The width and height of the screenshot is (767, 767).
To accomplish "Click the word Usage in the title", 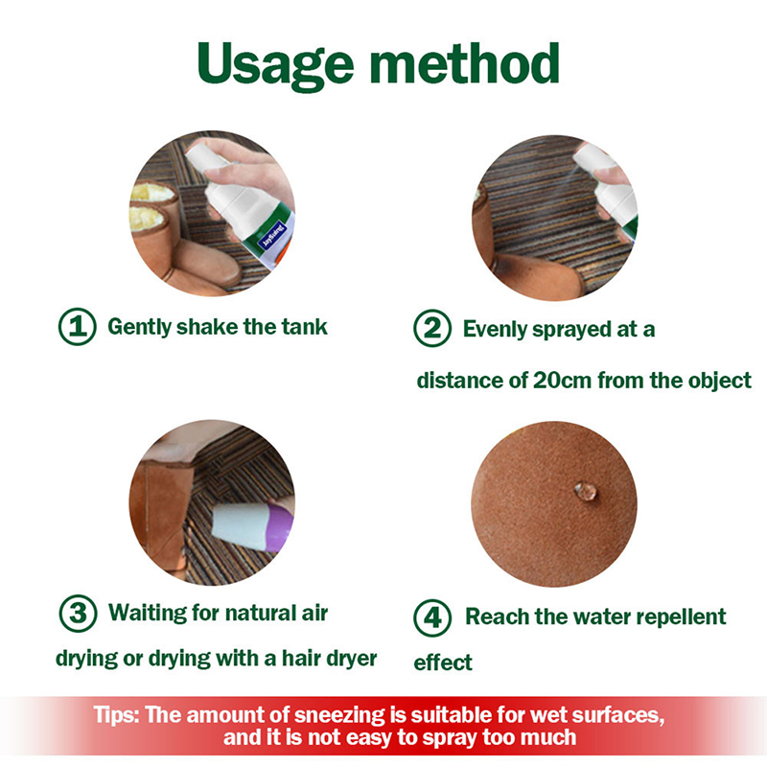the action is pos(275,65).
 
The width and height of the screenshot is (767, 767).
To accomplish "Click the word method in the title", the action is pos(464,63).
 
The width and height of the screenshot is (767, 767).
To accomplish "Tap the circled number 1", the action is pos(78,327).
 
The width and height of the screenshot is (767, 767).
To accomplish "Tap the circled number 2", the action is pos(432,328).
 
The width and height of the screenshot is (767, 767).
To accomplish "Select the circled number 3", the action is pos(78,614).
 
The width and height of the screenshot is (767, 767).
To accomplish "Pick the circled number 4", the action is pos(432,617).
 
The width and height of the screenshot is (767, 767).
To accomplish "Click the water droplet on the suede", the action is pos(586,491).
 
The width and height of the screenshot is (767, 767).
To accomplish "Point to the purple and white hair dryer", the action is pos(253,526).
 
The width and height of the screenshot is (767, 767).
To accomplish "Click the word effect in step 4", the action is pos(443,662).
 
